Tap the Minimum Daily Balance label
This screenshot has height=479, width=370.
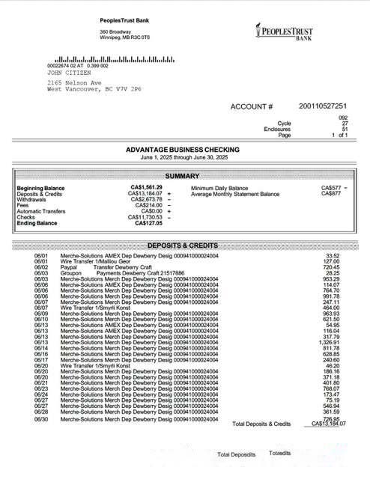coord(219,188)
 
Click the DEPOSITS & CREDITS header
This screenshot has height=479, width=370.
coord(183,245)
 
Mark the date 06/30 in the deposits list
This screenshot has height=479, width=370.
coord(41,419)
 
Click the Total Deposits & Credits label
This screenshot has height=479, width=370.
coord(261,424)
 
